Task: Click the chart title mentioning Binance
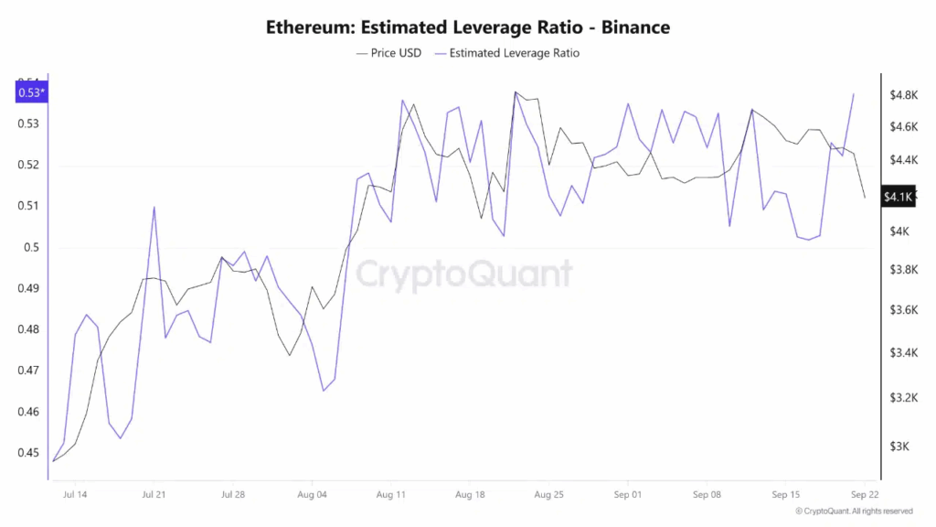[x=468, y=27]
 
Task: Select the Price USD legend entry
[x=388, y=53]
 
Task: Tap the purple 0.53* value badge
[x=31, y=91]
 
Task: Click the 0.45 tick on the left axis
[x=29, y=453]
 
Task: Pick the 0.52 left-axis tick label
[x=29, y=165]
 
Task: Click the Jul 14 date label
[x=76, y=494]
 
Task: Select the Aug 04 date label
[x=313, y=494]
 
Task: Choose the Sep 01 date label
[x=628, y=494]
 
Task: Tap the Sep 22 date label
[x=865, y=494]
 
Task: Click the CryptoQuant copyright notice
[x=854, y=511]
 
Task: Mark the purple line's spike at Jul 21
[x=154, y=207]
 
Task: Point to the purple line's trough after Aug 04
[x=324, y=391]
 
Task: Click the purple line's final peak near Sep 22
[x=854, y=93]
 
